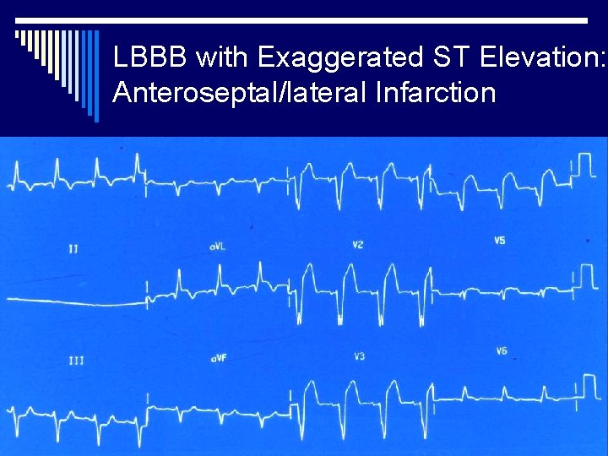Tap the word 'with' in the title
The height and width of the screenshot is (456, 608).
coord(222,57)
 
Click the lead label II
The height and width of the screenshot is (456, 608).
coord(74,248)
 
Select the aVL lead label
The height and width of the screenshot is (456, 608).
coord(218,247)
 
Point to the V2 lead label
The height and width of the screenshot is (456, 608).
coord(358,245)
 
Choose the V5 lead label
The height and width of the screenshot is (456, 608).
coord(500,242)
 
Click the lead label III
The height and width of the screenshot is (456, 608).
coord(76,361)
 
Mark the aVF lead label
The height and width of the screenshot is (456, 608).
coord(219,359)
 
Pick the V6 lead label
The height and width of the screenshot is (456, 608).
coord(502,351)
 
